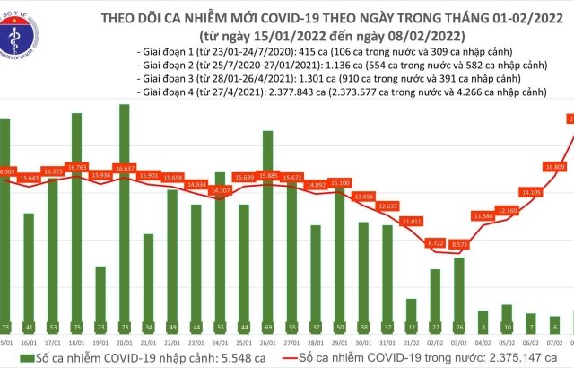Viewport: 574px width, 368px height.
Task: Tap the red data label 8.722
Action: coord(436,242)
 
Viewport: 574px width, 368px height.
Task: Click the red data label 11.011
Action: coord(412,220)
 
